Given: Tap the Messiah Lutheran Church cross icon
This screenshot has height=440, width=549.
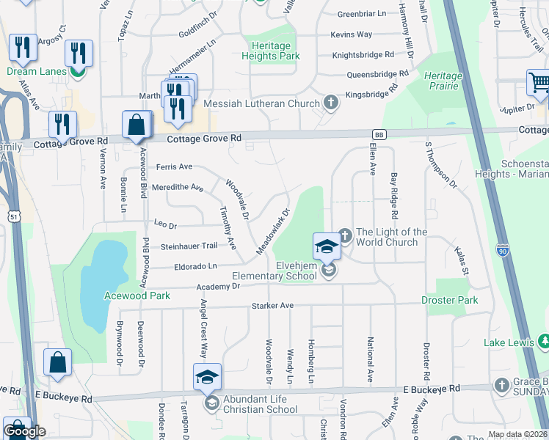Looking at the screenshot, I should (x=331, y=102).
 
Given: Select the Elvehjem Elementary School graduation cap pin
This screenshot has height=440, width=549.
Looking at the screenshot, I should (x=327, y=246).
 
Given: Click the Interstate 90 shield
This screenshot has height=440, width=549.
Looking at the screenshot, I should (x=502, y=249).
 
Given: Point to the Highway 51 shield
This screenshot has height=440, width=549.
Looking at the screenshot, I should (x=14, y=216).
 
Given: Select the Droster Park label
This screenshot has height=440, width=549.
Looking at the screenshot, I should (x=450, y=300).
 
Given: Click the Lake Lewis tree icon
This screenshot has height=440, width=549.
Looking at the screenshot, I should (x=545, y=341).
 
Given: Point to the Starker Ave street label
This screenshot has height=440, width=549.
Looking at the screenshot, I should (x=272, y=305).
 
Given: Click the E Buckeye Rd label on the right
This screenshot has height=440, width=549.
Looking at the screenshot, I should (x=432, y=388).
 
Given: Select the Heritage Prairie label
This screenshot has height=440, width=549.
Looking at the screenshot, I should (x=443, y=81).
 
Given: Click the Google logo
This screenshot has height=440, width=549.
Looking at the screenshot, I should (x=24, y=431).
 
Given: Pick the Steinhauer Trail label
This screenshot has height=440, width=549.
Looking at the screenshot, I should (x=189, y=246).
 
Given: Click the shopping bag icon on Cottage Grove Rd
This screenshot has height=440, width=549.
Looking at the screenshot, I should (x=137, y=125).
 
